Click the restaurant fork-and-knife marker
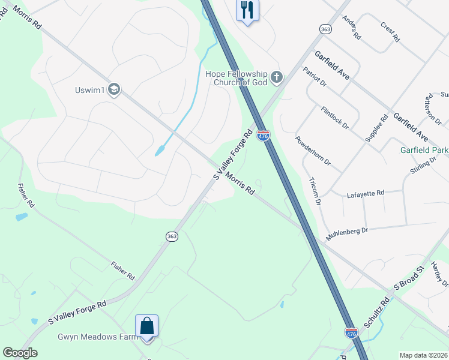[247, 10]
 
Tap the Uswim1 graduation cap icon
[114, 90]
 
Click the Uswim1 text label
[90, 91]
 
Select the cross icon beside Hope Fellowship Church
[276, 76]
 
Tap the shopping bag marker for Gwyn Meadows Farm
[146, 327]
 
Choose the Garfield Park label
[424, 150]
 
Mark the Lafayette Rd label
[366, 194]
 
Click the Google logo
[20, 353]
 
